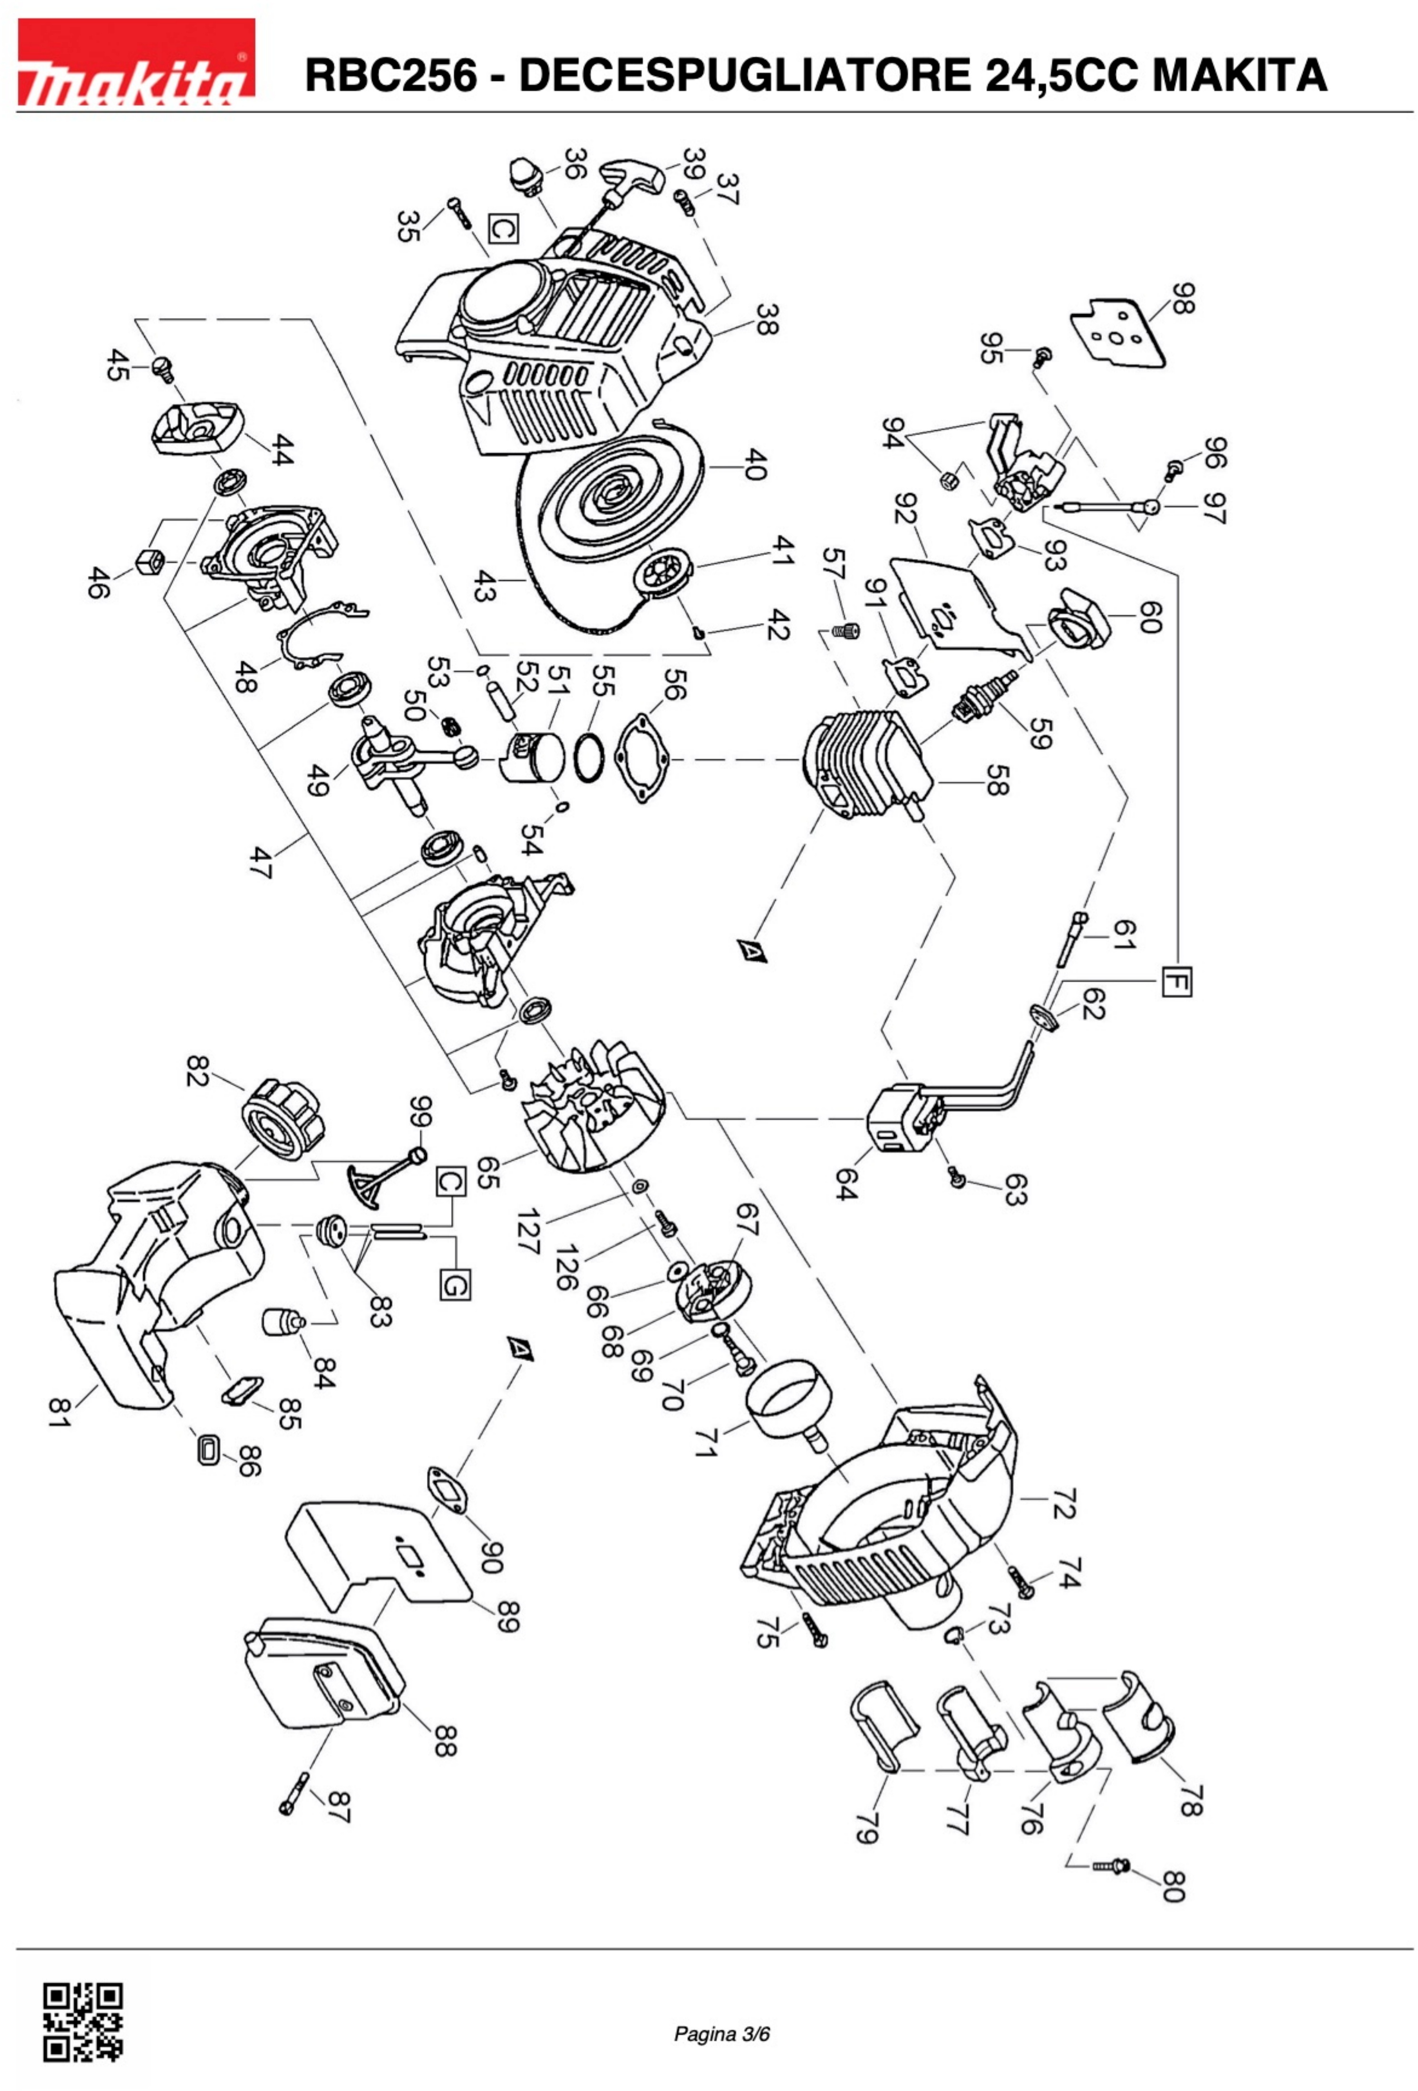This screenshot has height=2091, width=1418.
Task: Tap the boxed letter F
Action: tap(1176, 980)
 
